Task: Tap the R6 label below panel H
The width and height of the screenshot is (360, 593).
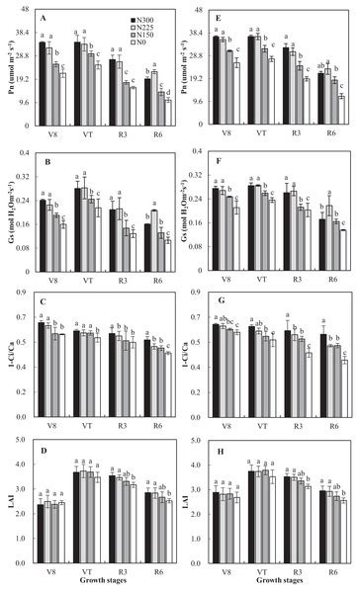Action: pos(331,570)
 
